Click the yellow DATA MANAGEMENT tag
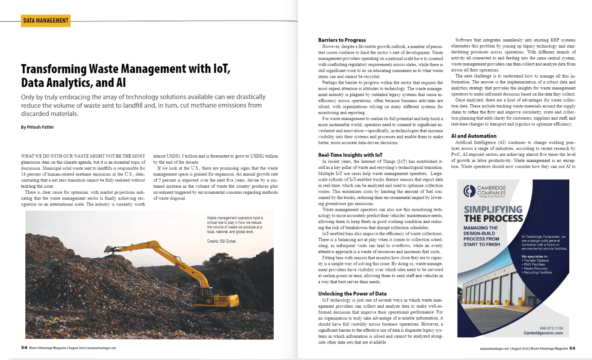coord(45,20)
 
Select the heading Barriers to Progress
coord(342,40)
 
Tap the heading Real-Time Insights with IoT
coord(351,154)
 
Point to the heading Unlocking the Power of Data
coord(352,293)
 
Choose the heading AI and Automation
coord(474,136)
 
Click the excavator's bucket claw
coord(109,250)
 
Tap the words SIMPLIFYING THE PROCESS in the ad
coord(493,214)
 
